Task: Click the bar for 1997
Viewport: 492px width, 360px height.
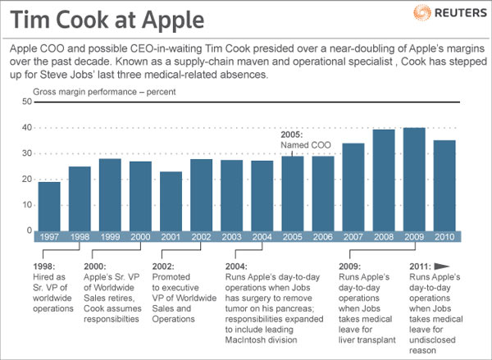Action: pyautogui.click(x=49, y=206)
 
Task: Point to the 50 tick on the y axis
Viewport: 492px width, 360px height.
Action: pyautogui.click(x=27, y=102)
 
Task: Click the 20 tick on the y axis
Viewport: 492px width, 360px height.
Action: pyautogui.click(x=27, y=180)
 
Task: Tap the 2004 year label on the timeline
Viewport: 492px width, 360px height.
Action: pyautogui.click(x=262, y=236)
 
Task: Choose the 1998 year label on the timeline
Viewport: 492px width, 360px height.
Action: pyautogui.click(x=80, y=236)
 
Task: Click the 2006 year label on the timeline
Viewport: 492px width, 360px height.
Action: pyautogui.click(x=322, y=236)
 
